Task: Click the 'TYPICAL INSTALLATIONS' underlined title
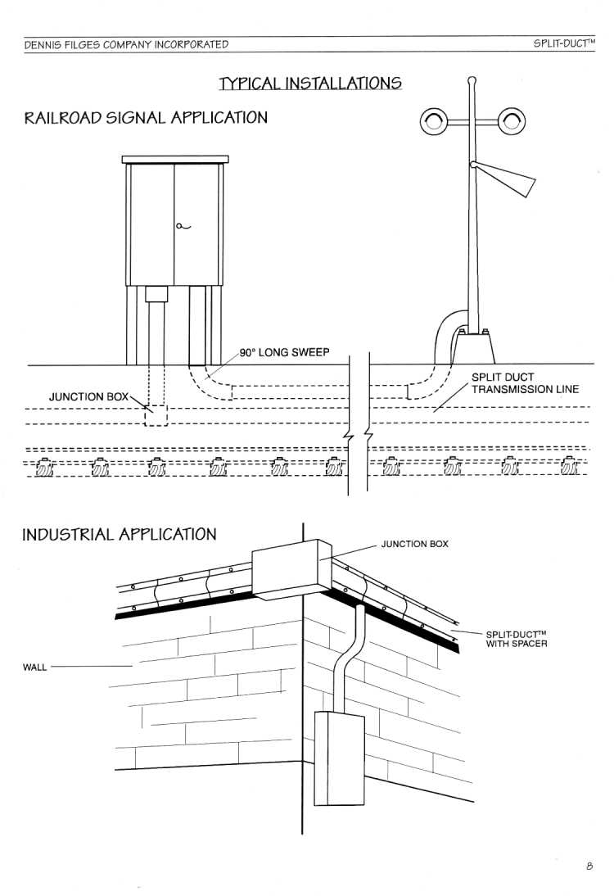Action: pos(310,84)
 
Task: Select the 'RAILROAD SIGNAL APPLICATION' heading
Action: pos(146,118)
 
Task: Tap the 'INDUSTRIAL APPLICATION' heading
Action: pos(120,534)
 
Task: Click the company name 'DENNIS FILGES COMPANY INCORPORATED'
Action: pos(126,44)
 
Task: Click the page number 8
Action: pos(589,866)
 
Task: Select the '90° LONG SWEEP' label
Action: pos(284,352)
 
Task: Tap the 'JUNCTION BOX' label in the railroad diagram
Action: pos(88,396)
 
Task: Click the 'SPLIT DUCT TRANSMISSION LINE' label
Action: pos(525,383)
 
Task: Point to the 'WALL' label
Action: pos(35,667)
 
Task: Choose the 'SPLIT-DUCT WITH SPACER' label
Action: pos(517,639)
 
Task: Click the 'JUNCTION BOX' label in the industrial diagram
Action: pos(415,544)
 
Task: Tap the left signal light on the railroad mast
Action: pos(434,121)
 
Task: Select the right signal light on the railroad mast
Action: pos(512,121)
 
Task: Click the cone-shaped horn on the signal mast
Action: pos(503,179)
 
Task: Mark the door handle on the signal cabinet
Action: pos(183,226)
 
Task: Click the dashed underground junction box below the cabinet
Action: pos(156,415)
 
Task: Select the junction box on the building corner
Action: pos(292,569)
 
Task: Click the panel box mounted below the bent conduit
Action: pos(339,758)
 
